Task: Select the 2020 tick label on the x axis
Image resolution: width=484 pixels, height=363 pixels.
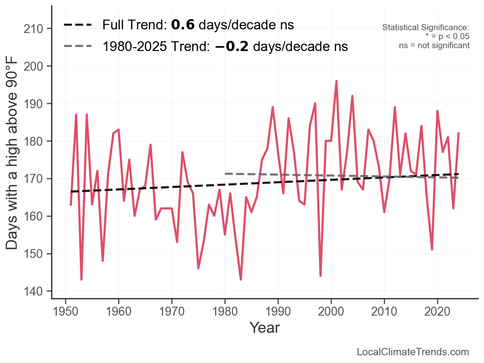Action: coord(437,311)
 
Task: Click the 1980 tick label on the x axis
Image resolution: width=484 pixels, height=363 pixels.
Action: coord(225,311)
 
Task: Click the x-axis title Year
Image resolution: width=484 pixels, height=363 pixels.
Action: coord(264,327)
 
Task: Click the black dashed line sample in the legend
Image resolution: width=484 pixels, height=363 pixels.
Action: coord(78,25)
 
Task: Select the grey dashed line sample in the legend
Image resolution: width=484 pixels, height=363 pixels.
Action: coord(78,47)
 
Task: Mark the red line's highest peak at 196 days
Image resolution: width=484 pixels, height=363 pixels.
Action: coord(336,81)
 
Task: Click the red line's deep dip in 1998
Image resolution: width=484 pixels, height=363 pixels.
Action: coord(320,276)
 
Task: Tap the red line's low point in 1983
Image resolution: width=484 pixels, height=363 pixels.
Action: coord(241,279)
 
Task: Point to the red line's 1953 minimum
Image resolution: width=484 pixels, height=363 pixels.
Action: coord(81,279)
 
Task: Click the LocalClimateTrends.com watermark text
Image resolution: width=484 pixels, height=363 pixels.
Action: coord(413,352)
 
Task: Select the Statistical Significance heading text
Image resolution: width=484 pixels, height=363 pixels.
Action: coord(426,28)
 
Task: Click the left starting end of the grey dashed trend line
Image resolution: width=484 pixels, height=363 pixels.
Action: coord(226,174)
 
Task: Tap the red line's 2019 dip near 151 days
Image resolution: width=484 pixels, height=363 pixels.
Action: coord(432,249)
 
